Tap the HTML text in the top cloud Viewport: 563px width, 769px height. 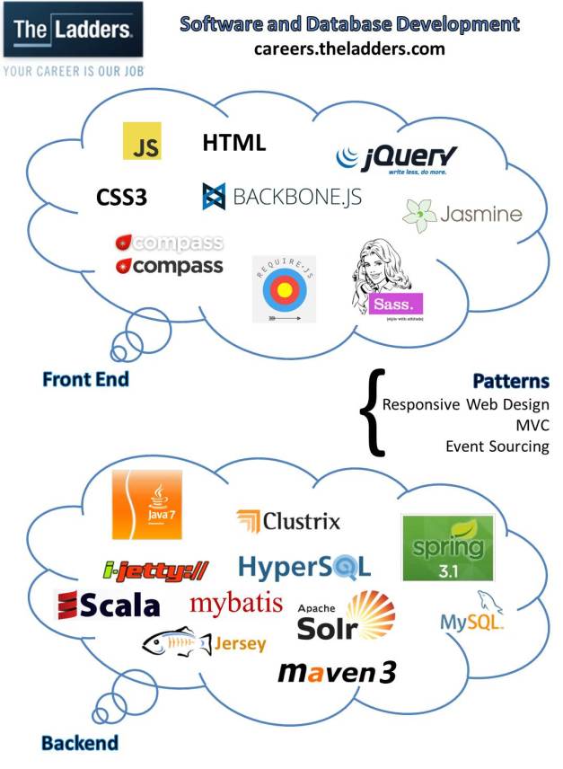[x=234, y=142]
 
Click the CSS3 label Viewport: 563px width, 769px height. [x=121, y=196]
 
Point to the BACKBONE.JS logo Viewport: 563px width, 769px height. [x=282, y=196]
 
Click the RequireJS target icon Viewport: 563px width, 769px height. [x=283, y=289]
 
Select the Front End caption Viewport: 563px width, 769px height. [x=85, y=379]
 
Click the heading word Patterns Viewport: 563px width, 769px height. [x=511, y=381]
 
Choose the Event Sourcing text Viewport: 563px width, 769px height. [x=497, y=446]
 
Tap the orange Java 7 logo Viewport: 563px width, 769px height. [x=146, y=505]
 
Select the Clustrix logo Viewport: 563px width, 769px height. [x=288, y=520]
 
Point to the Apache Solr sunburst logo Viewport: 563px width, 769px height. [x=347, y=616]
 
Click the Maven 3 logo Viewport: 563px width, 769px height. [x=336, y=672]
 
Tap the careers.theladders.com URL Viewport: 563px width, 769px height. [x=348, y=49]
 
